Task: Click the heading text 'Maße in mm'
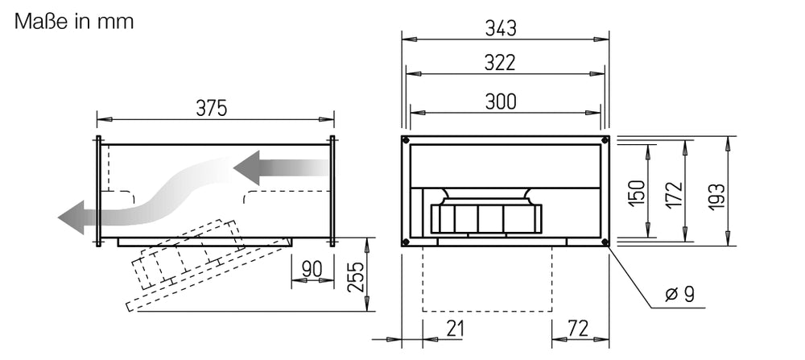click(73, 21)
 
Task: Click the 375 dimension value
click(212, 108)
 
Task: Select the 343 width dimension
click(501, 28)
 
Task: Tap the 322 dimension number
click(501, 64)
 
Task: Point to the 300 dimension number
click(501, 101)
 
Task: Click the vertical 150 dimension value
click(636, 192)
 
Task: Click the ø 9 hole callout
click(680, 295)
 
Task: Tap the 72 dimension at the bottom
click(577, 328)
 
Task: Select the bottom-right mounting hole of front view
click(605, 241)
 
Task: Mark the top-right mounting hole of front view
click(605, 140)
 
